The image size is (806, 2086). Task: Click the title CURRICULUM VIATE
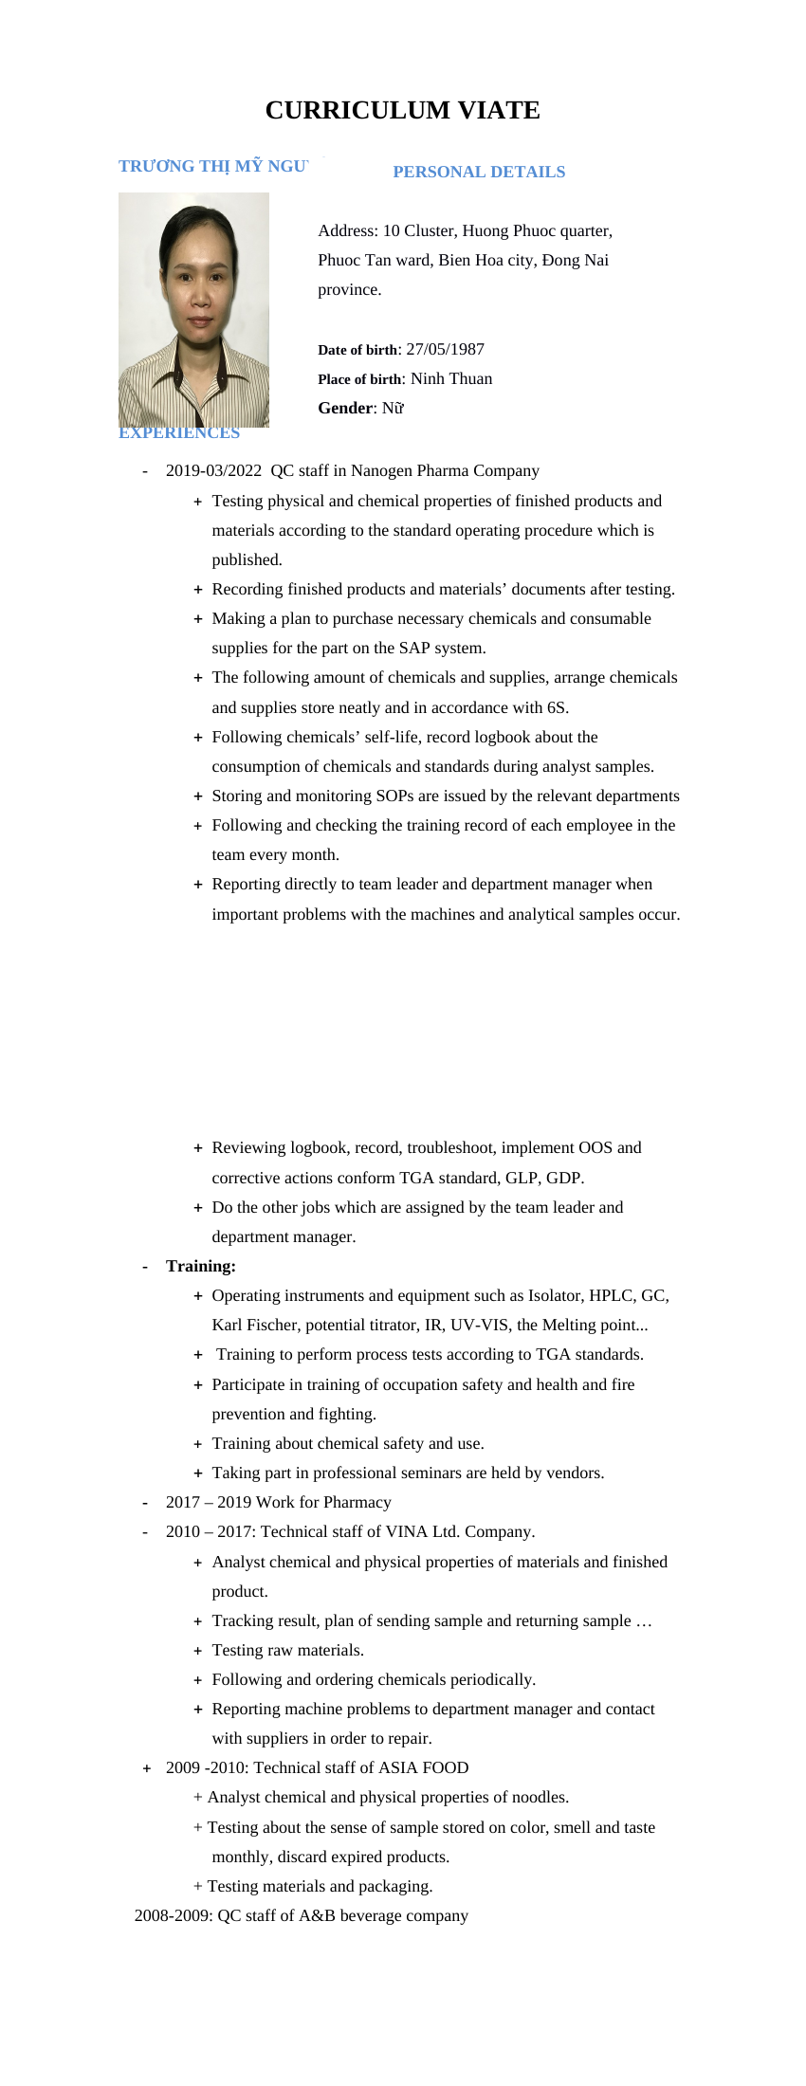coord(402,110)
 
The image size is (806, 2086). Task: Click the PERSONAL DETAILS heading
coord(479,172)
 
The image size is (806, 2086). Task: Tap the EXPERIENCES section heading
coord(179,433)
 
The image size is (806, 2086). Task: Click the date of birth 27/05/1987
coord(445,349)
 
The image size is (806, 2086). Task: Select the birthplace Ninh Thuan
coord(451,378)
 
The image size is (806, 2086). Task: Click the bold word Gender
coord(345,408)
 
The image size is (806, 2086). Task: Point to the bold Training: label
coord(201,1266)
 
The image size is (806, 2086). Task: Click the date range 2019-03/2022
coord(213,470)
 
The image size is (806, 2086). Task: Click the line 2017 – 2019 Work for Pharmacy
coord(278,1502)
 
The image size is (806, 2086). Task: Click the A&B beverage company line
coord(302,1915)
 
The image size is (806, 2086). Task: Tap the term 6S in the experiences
coord(557,707)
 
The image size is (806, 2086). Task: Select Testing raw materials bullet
coord(288,1650)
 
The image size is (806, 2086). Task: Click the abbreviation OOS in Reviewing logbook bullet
coord(595,1147)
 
